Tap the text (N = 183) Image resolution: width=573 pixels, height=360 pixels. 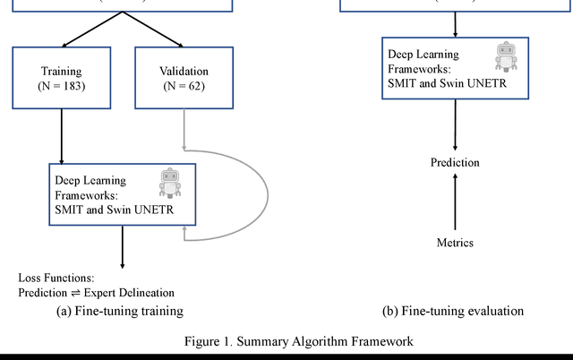tap(60, 86)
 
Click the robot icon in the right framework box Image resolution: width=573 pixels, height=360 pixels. tap(506, 56)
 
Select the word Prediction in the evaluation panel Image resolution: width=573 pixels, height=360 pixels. tap(455, 163)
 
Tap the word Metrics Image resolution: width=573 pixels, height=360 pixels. tap(455, 243)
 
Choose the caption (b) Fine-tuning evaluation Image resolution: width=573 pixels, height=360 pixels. tap(453, 311)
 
